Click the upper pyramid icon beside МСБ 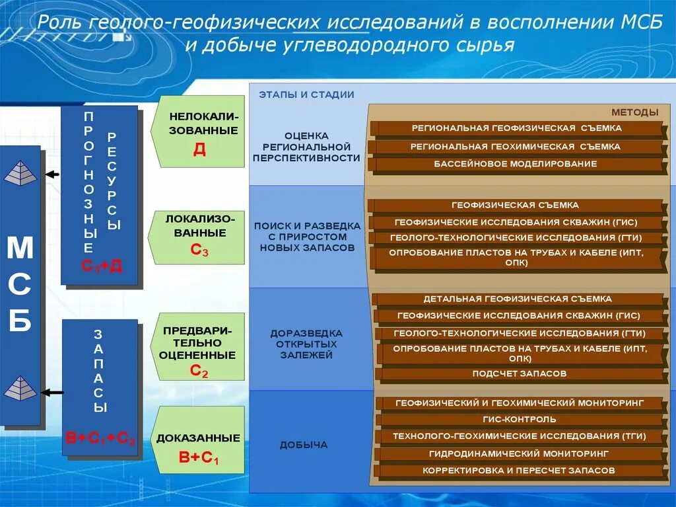(20, 173)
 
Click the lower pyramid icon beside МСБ (20, 388)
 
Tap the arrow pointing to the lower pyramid (52, 392)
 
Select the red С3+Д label (101, 266)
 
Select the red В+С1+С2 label (100, 438)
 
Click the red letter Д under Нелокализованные (199, 149)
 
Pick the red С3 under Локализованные (199, 250)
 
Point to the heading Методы (634, 112)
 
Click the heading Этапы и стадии (306, 95)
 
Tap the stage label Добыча (304, 445)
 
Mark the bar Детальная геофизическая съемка (518, 299)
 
